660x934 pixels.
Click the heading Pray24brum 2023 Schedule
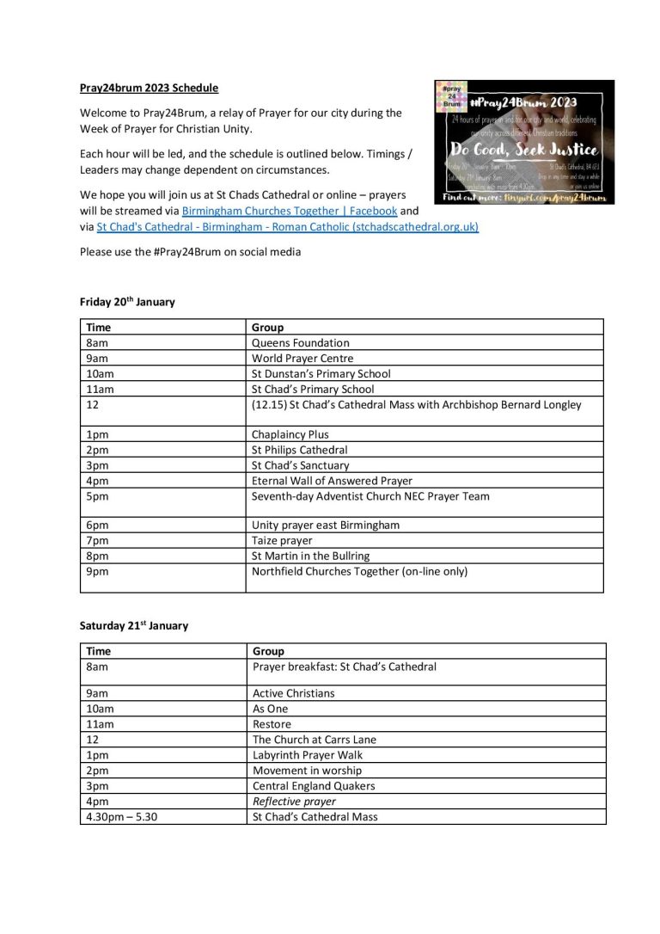(149, 89)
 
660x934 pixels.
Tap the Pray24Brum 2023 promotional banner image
(524, 142)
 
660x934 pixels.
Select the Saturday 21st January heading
(133, 625)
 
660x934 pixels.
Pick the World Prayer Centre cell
(302, 358)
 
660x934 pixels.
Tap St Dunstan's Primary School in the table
(321, 373)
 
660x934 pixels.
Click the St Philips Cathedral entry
(299, 450)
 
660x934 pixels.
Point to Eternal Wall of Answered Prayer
(332, 481)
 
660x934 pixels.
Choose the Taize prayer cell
(282, 540)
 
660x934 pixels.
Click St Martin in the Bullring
(309, 556)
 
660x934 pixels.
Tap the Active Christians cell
(294, 693)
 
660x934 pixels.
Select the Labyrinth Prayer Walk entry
(307, 755)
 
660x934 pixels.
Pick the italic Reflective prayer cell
(294, 802)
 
